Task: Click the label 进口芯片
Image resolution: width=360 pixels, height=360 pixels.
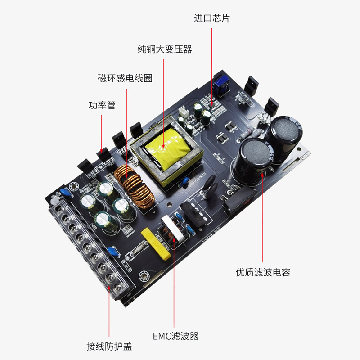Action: [x=212, y=18]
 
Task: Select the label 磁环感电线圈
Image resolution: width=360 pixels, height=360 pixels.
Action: [x=125, y=78]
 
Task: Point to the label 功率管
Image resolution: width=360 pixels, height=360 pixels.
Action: [x=102, y=105]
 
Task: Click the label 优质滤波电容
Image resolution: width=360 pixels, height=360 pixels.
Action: [x=263, y=272]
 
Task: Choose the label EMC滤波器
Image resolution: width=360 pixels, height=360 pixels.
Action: [x=175, y=336]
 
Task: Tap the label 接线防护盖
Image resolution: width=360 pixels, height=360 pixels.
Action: [x=109, y=346]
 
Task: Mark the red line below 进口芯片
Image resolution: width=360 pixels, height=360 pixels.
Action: [x=212, y=63]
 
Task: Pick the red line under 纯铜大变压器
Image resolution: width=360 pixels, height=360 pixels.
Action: [x=165, y=99]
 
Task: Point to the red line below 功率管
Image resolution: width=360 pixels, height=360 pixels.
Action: [x=102, y=133]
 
